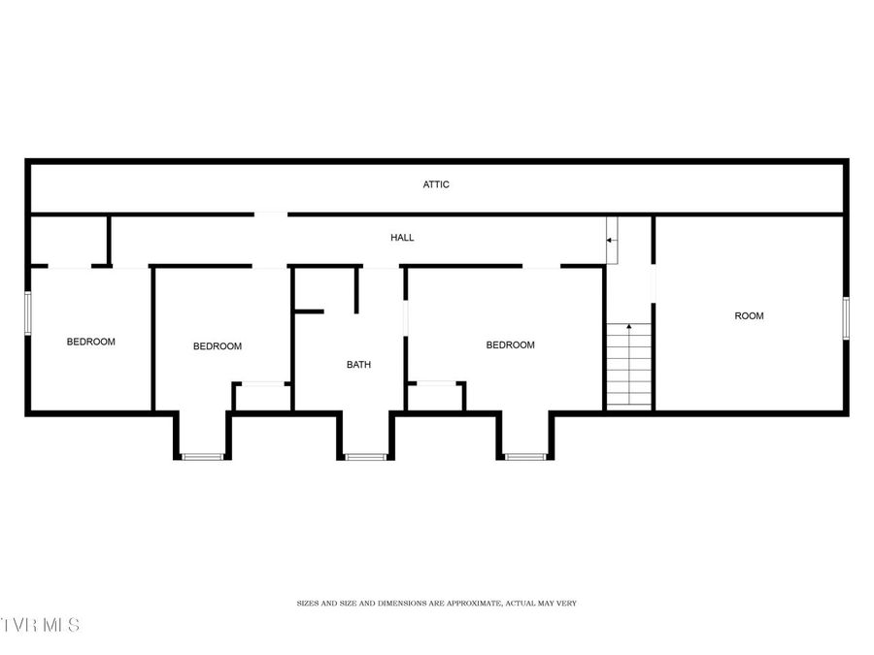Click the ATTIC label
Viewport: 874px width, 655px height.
coord(436,184)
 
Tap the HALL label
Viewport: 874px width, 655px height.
coord(402,238)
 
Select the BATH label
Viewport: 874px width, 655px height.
coord(359,365)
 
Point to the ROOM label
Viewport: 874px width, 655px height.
coord(749,315)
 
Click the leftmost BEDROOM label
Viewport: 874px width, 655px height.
coord(90,342)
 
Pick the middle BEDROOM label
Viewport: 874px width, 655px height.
coord(218,346)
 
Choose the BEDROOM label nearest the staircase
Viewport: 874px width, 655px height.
coord(510,345)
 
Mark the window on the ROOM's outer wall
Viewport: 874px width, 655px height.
coord(846,318)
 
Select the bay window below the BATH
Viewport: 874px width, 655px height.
coord(366,456)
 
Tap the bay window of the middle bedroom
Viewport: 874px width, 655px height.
coord(203,456)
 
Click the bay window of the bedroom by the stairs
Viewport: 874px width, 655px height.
coord(525,456)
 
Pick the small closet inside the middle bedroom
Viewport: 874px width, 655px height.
coord(262,397)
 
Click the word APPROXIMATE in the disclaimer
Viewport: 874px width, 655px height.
coord(471,604)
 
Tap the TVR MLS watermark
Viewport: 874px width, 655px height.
coord(41,624)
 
